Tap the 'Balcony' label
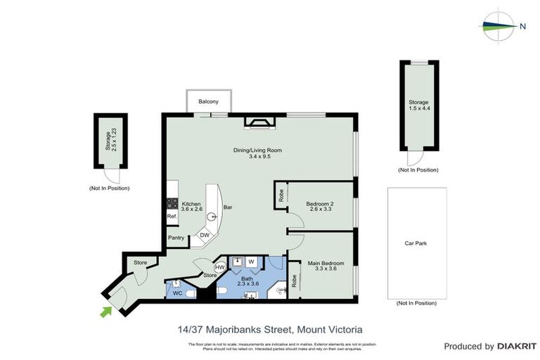208,102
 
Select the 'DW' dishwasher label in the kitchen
205,235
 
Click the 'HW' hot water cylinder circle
220,267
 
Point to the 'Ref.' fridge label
172,217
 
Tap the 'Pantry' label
176,238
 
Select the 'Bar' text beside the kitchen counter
228,208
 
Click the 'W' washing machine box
251,262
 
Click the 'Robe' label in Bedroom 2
281,195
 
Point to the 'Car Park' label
416,244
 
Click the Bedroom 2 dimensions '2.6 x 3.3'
320,210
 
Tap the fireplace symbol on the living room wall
260,124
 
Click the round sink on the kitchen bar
210,217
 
